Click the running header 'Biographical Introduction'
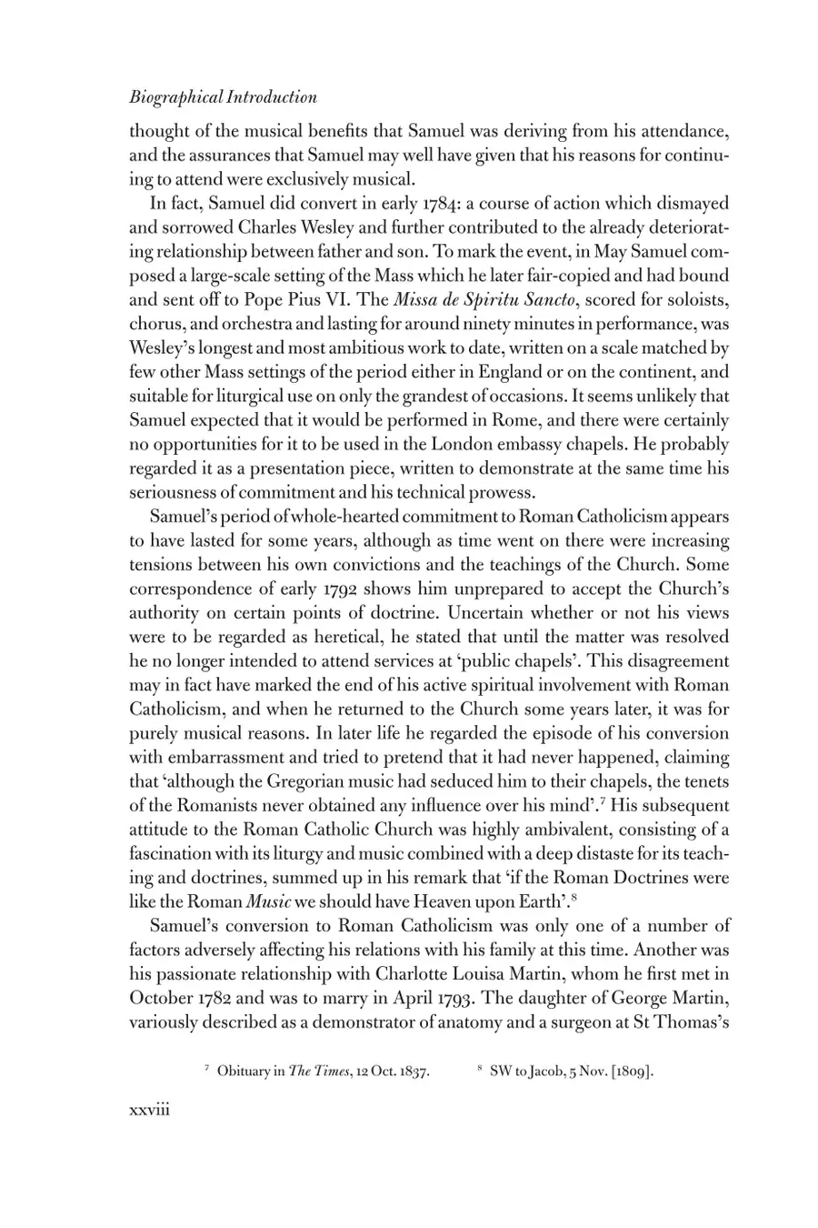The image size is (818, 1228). coord(223,98)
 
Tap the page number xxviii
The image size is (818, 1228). coord(150,1110)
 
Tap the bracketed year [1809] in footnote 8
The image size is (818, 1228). coord(633,1071)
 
